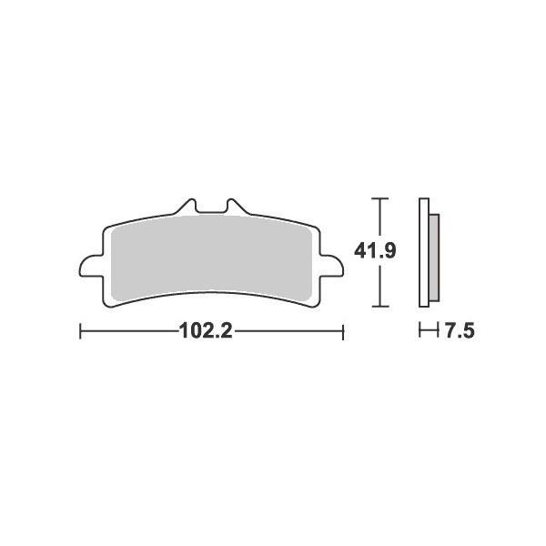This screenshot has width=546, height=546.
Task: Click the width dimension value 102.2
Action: pos(207,332)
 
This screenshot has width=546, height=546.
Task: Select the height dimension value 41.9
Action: pos(374,251)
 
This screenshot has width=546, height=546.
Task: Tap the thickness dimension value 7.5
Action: pos(459,332)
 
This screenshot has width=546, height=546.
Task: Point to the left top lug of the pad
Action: pos(188,207)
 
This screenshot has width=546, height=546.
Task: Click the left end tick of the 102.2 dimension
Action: pos(81,332)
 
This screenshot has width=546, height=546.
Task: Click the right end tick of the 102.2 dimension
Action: pos(342,332)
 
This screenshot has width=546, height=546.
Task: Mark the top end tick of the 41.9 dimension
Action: pos(380,197)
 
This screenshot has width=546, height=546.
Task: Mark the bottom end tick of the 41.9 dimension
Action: pos(380,306)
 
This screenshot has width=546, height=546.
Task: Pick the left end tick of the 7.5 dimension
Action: pos(420,332)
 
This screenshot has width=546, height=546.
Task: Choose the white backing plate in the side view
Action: pos(423,252)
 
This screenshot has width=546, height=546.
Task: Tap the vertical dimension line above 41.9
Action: pos(380,218)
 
